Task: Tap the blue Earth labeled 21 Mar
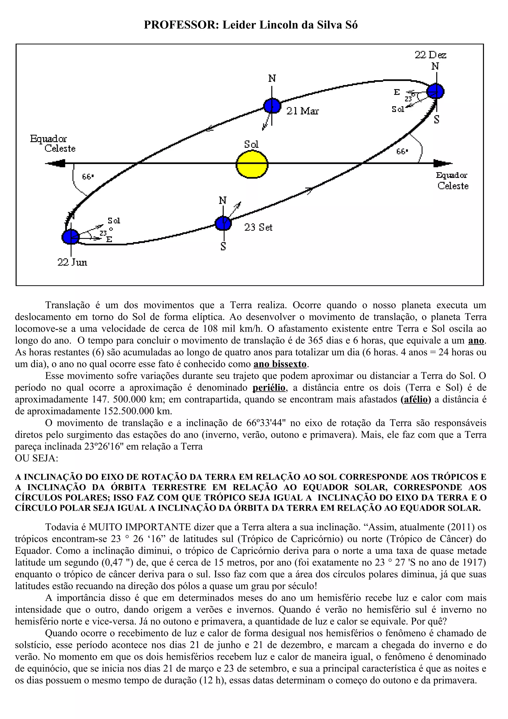tap(272, 106)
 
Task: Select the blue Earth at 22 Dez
tap(436, 91)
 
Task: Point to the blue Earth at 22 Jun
tap(71, 236)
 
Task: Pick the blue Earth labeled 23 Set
tap(223, 224)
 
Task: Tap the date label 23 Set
tap(258, 227)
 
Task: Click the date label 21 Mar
tap(302, 111)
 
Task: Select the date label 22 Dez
tap(430, 55)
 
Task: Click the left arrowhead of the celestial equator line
tap(56, 163)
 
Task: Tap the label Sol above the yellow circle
tap(251, 144)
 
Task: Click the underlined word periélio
tap(269, 388)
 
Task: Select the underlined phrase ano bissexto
tap(280, 364)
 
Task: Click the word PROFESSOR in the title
tap(182, 25)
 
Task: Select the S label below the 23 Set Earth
tap(223, 247)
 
